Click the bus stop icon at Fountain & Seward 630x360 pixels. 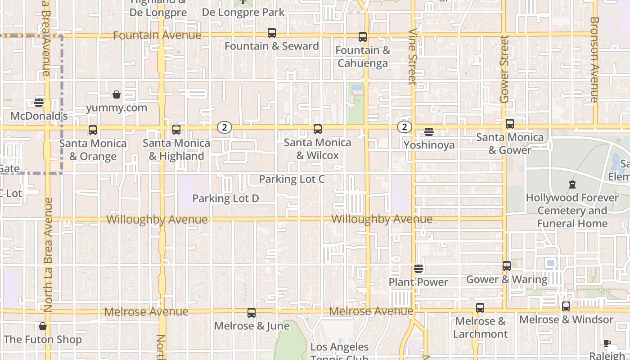point(272,33)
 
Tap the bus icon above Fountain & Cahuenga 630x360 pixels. point(363,37)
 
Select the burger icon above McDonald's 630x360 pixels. point(39,103)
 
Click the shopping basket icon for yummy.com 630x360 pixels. point(117,94)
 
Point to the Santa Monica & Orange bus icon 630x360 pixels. point(93,130)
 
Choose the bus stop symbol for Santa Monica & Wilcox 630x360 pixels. point(318,129)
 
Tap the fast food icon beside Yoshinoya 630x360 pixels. point(429,132)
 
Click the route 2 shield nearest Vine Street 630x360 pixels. point(405,127)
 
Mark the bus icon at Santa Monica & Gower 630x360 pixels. point(510,124)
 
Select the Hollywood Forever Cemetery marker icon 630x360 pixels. point(572,184)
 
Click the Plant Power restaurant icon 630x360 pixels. point(418,269)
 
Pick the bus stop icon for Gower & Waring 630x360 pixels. point(507,266)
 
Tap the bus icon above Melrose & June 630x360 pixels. point(252,312)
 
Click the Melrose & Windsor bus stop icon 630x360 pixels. point(566,306)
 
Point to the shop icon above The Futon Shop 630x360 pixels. point(43,326)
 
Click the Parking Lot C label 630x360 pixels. point(292,179)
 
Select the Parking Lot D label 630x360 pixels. point(225,198)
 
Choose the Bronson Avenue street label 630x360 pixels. point(594,59)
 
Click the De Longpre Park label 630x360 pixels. point(243,12)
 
